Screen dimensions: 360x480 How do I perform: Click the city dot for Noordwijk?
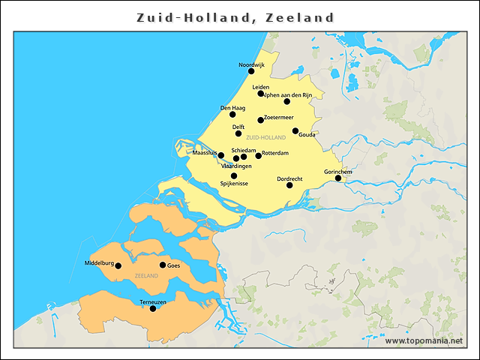pos(251,71)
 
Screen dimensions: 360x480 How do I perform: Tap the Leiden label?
pos(261,87)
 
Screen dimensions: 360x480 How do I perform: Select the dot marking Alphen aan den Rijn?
pos(286,101)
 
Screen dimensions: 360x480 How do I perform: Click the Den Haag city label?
pos(232,108)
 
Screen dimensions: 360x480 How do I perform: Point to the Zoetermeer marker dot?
pos(260,120)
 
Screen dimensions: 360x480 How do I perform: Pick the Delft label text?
pos(238,127)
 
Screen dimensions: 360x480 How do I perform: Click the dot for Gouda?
pos(295,131)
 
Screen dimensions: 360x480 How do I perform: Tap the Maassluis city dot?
pos(220,155)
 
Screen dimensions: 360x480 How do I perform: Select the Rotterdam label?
pos(275,152)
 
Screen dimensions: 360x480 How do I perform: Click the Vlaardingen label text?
pos(237,166)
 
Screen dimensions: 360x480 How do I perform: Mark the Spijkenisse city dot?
pos(234,176)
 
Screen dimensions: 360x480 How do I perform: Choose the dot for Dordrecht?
pos(289,184)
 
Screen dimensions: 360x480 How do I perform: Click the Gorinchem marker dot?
pos(338,178)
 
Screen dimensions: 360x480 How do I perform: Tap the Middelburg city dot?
pos(118,265)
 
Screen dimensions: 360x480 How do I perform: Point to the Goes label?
pos(174,265)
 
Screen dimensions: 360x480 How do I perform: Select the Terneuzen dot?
pos(153,308)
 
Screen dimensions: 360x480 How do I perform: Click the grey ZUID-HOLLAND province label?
pos(265,138)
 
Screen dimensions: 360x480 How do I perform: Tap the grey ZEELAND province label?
pos(146,277)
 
